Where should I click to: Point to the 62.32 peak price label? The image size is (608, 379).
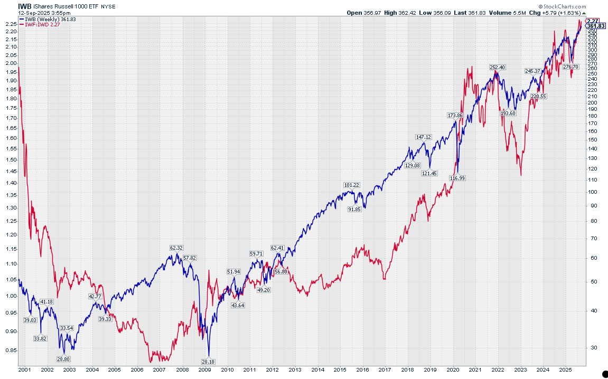click(x=176, y=248)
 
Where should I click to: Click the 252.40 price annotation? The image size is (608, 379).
click(x=498, y=68)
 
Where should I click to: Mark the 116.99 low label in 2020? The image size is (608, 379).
click(x=457, y=178)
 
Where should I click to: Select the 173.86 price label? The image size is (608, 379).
click(x=455, y=115)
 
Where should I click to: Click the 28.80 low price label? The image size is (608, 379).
click(x=63, y=359)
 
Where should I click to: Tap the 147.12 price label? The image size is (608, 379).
click(x=424, y=137)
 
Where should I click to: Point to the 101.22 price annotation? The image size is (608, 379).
click(x=351, y=185)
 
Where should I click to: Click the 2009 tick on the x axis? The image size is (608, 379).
click(x=205, y=370)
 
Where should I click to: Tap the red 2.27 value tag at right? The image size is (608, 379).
click(x=595, y=21)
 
